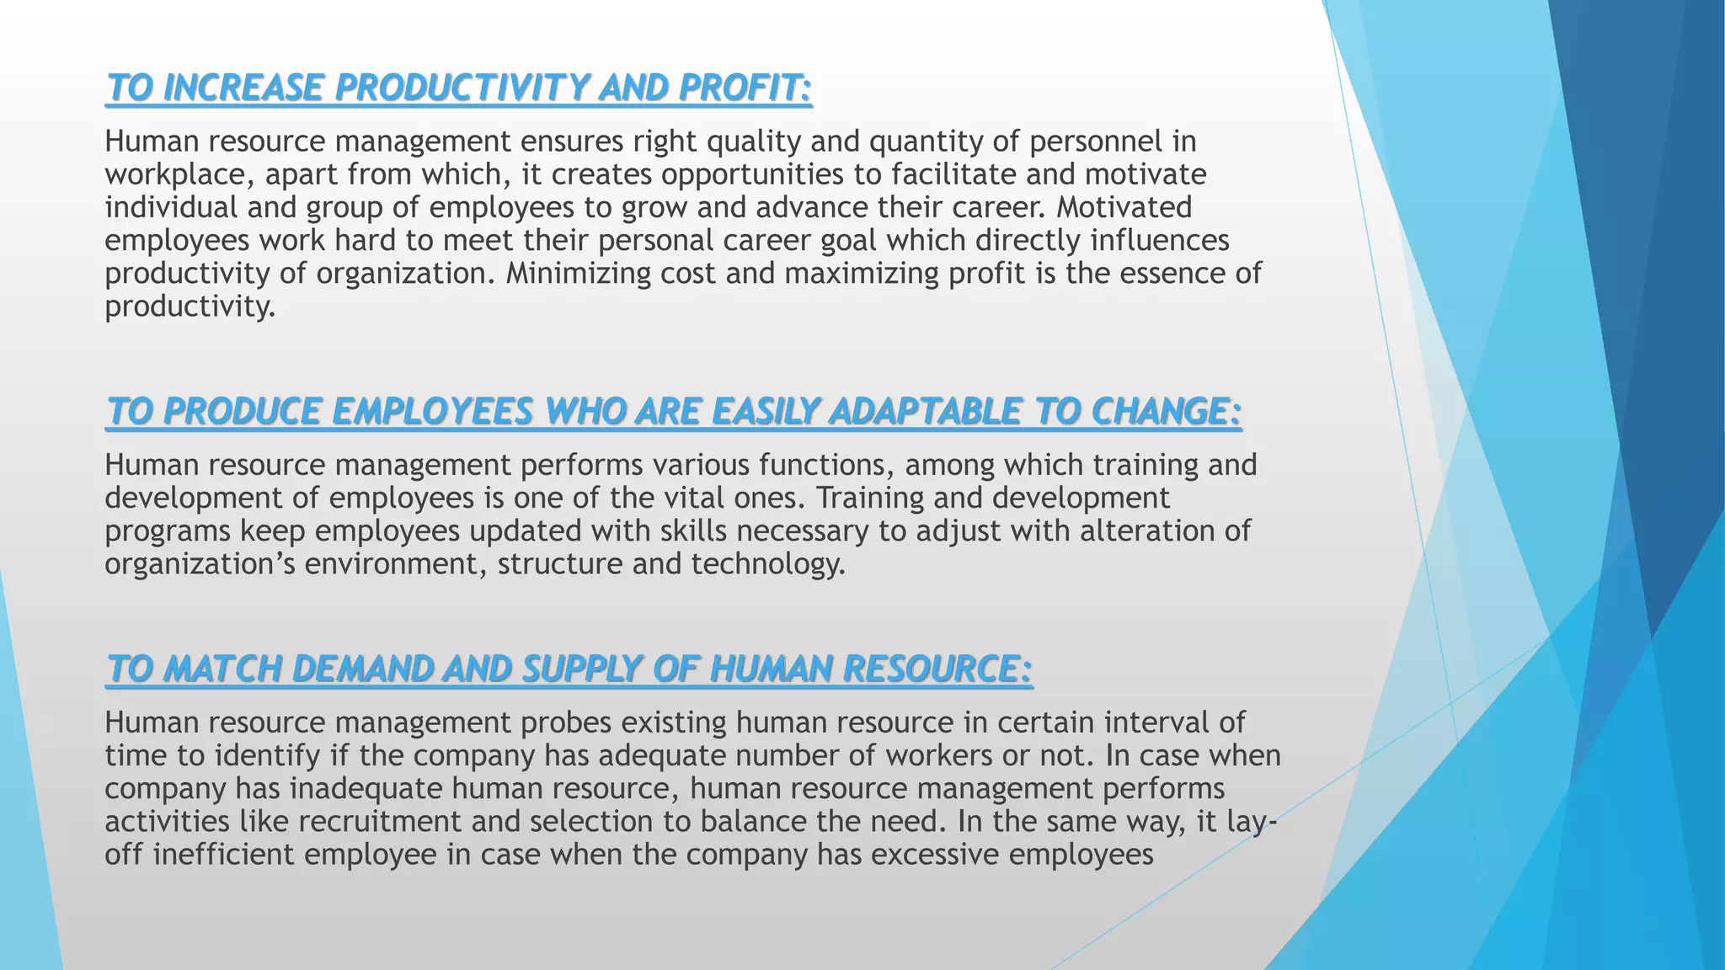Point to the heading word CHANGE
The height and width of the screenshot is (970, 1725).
point(1166,412)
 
